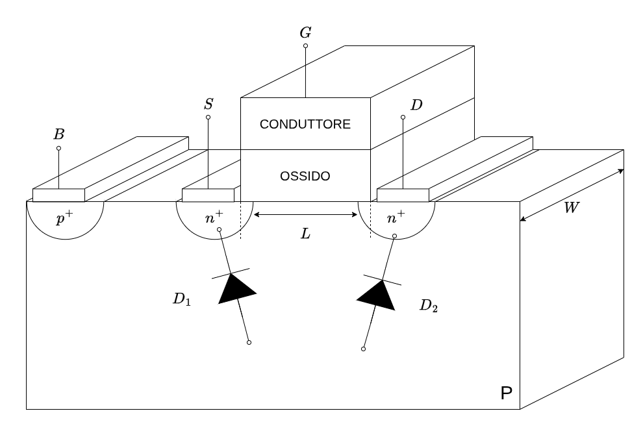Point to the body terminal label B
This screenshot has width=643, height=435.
(58, 134)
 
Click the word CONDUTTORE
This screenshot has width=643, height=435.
(305, 124)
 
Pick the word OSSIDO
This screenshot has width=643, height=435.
(305, 177)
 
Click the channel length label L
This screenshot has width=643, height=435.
(305, 234)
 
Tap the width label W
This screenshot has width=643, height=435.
(572, 208)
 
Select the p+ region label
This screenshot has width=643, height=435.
(64, 219)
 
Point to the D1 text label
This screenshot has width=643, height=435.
(181, 301)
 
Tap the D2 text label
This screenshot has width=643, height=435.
(428, 306)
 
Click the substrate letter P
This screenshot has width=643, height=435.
(506, 393)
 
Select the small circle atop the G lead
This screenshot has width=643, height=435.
(305, 46)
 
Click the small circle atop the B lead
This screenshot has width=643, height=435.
(58, 148)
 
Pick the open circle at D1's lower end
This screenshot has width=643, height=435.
(249, 342)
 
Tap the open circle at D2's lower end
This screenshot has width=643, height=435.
(363, 349)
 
